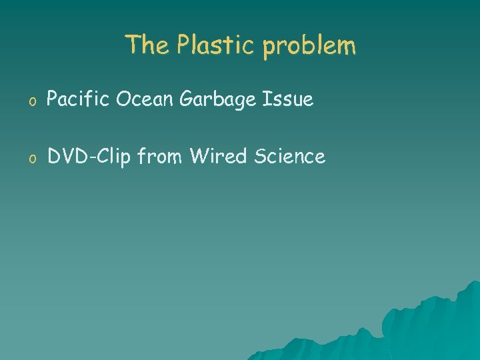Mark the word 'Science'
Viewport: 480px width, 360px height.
[x=289, y=157]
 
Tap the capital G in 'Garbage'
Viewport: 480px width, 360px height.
[x=185, y=100]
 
